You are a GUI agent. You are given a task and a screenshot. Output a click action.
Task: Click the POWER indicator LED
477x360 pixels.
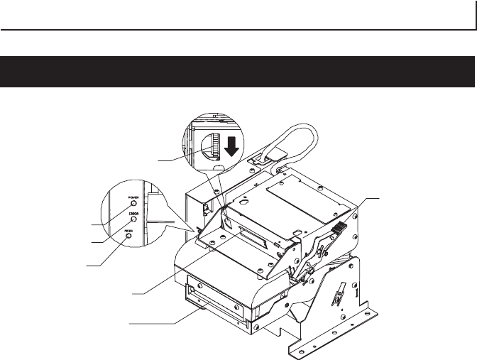(132, 204)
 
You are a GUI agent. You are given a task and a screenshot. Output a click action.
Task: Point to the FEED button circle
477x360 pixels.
(129, 235)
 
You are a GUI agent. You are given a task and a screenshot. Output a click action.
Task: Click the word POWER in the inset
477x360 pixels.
(133, 197)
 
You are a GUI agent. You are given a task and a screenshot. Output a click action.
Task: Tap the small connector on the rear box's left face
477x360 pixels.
(205, 208)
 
